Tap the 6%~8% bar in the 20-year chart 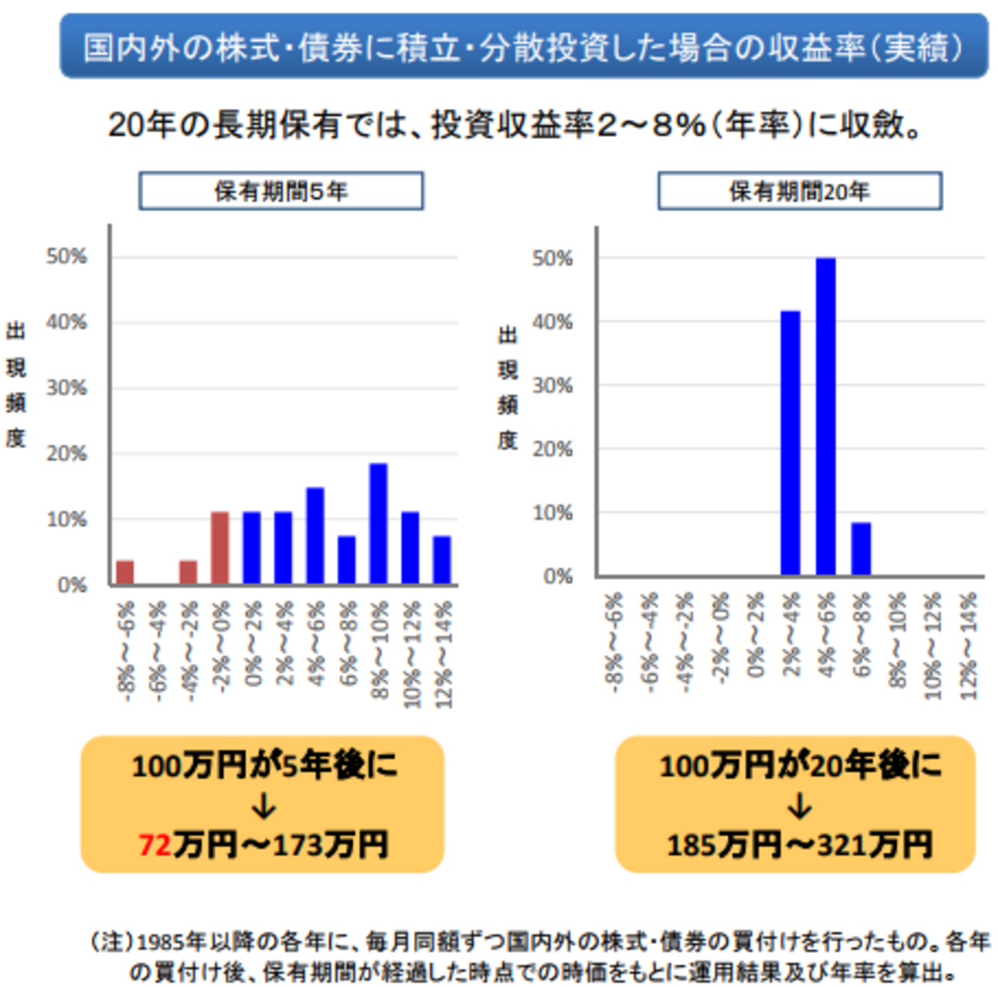[861, 549]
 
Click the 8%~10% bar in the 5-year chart [378, 524]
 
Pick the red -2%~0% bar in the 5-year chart [220, 548]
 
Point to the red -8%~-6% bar [125, 573]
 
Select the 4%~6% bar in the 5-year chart [315, 536]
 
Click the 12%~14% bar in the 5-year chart [441, 560]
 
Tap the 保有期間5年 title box [281, 191]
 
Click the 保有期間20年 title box [799, 191]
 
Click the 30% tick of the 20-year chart [553, 385]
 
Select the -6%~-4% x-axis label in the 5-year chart [157, 652]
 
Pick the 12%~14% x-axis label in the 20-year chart [969, 646]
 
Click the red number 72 [155, 846]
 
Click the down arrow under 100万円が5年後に [263, 807]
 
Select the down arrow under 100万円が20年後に [799, 807]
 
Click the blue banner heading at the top [524, 46]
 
